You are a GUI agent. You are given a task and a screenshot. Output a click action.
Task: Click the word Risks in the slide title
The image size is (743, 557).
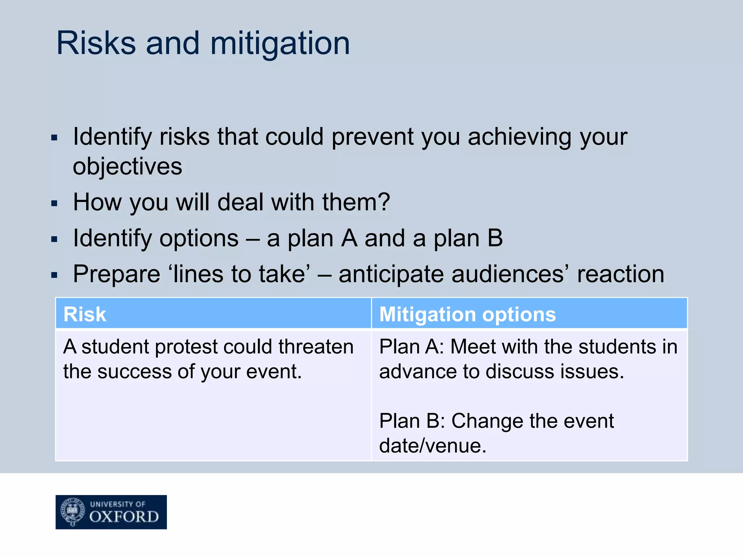(x=96, y=44)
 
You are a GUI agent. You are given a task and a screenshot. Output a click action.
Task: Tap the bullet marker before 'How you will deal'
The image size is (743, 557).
(x=54, y=203)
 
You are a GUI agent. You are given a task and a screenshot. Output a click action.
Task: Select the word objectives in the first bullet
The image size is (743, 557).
(x=127, y=167)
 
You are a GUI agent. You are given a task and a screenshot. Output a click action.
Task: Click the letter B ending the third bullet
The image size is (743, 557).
(x=495, y=238)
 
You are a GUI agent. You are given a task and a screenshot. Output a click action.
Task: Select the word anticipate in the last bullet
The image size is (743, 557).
(x=391, y=274)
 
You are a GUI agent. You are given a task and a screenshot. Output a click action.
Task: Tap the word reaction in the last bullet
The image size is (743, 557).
(x=621, y=274)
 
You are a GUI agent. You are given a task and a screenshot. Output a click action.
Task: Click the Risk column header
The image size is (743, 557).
(x=85, y=314)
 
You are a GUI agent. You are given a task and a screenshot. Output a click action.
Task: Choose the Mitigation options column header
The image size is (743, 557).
(x=467, y=314)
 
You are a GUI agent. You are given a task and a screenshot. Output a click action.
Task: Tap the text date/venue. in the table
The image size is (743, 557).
(x=432, y=446)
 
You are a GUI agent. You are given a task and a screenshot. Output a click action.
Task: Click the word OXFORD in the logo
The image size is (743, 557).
(x=124, y=517)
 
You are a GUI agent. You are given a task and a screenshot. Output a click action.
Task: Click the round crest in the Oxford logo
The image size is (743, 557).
(x=73, y=511)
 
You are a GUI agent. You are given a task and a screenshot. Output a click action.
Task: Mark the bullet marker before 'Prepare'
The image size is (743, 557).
(x=54, y=275)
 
